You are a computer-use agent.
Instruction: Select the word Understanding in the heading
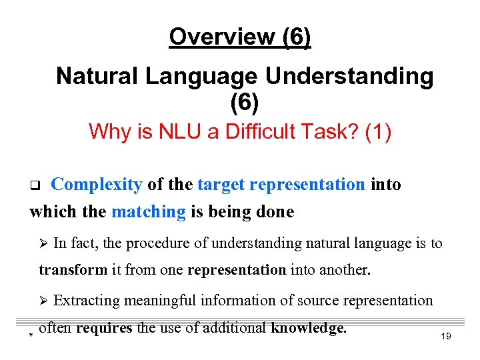pos(349,77)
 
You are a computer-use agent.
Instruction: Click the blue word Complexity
pos(97,185)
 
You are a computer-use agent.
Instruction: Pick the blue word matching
pos(149,212)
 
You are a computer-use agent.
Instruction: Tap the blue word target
pos(222,185)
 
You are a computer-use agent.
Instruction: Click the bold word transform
pos(73,271)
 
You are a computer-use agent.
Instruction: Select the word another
pos(342,271)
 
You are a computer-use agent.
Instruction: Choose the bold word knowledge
pos(309,328)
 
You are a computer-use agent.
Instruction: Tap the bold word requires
pos(103,328)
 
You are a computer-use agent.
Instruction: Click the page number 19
pos(446,337)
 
